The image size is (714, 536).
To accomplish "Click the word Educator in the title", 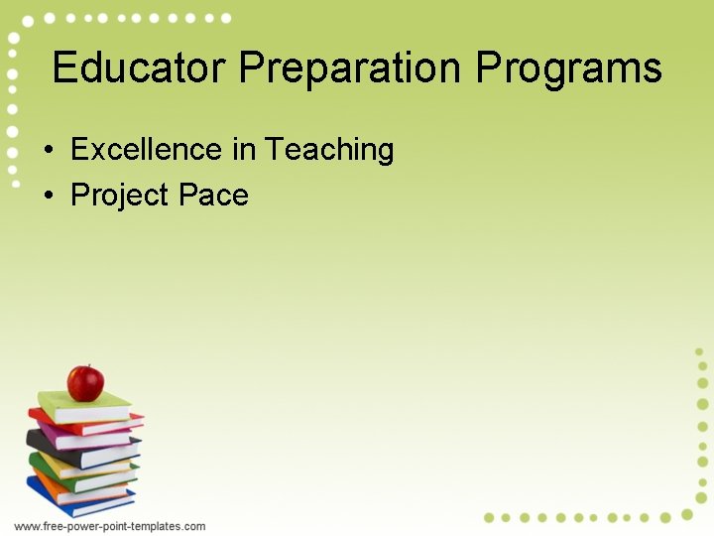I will pyautogui.click(x=140, y=68).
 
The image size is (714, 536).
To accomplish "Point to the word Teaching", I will pyautogui.click(x=329, y=150).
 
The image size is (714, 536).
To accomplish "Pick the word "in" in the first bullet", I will pyautogui.click(x=243, y=150).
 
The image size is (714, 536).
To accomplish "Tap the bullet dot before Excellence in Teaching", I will pyautogui.click(x=48, y=151).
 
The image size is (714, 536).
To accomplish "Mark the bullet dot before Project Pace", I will pyautogui.click(x=48, y=197).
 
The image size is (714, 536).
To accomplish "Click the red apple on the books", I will pyautogui.click(x=85, y=383).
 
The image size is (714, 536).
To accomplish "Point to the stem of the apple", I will pyautogui.click(x=87, y=367).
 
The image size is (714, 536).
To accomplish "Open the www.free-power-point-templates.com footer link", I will pyautogui.click(x=110, y=526).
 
